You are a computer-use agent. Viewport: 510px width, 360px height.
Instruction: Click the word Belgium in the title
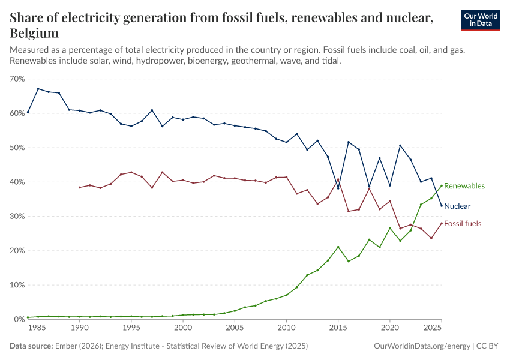tap(34, 33)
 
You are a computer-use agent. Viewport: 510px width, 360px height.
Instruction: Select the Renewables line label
tap(464, 186)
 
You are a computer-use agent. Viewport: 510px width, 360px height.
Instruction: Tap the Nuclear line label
tap(457, 206)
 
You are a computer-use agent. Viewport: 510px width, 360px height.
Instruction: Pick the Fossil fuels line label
tap(463, 224)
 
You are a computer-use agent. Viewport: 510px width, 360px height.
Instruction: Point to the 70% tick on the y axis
tap(17, 79)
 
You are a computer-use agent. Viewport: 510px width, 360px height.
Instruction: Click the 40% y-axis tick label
tap(17, 182)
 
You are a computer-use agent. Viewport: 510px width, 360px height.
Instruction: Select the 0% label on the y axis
tap(19, 319)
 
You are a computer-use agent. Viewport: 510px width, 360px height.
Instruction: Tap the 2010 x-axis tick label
tap(286, 328)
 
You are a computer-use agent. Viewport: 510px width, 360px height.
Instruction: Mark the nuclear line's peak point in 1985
tap(38, 89)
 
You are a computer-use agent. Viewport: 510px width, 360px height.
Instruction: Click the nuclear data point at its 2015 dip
tap(338, 188)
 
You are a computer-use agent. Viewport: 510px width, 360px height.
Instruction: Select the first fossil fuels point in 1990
tap(79, 187)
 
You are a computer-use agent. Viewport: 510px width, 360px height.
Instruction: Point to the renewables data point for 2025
tap(442, 185)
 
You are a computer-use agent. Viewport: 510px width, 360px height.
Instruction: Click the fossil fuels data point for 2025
tap(442, 223)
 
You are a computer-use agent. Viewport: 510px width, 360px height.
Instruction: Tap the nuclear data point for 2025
tap(442, 206)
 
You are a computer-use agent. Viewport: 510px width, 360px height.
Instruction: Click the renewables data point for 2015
tap(338, 247)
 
